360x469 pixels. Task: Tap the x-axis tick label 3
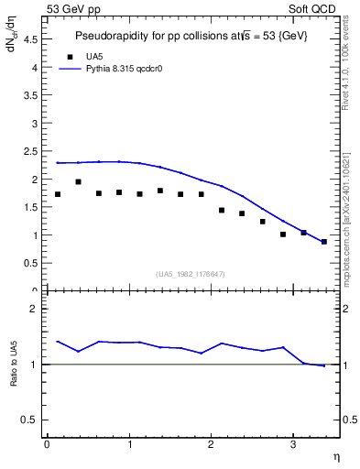(x=292, y=444)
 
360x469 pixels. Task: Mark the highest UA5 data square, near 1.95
(x=78, y=181)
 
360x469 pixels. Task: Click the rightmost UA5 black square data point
(x=324, y=242)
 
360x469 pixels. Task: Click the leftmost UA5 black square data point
(x=58, y=194)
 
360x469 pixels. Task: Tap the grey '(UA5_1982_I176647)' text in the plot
(x=190, y=274)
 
